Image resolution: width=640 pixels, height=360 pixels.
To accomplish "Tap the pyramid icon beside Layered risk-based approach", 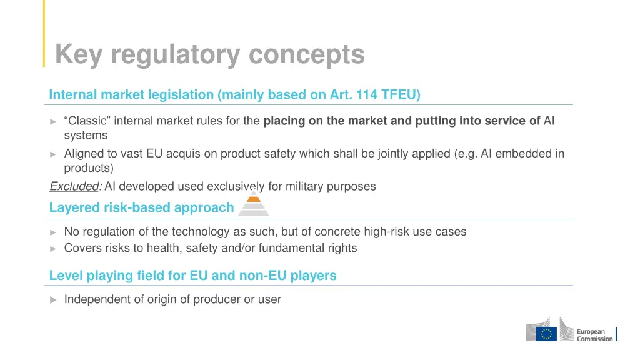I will click(x=254, y=203).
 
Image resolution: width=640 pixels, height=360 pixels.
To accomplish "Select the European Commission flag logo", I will click(x=548, y=334).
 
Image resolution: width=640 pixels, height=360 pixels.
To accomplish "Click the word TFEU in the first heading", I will click(x=401, y=95).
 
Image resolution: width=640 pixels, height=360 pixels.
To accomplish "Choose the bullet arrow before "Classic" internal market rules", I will click(x=53, y=121).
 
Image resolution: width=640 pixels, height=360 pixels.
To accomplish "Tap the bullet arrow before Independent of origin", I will click(x=53, y=300).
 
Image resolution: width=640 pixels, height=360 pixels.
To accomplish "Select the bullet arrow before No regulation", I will click(x=53, y=232).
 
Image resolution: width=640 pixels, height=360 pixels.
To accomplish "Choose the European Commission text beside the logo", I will click(x=594, y=335).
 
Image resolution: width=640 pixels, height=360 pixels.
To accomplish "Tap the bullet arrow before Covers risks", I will click(x=53, y=248).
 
